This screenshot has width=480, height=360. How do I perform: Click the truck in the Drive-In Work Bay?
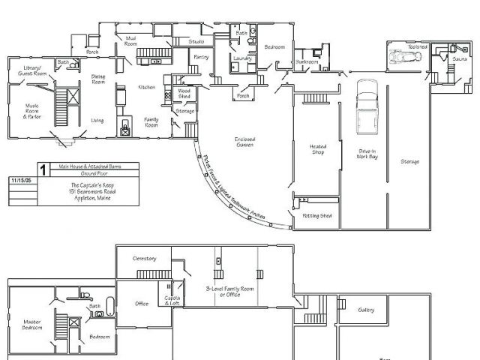pos(367,105)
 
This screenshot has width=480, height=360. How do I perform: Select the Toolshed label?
pos(418,46)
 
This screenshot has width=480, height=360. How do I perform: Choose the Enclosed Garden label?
pos(244,142)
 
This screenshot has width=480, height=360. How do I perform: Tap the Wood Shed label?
pos(184,94)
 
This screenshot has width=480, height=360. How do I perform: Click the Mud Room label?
pos(131,39)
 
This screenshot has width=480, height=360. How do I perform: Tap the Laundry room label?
pos(241,58)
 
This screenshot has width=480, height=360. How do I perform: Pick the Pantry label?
pos(201,56)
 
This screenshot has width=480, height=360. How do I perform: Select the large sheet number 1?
pos(43,170)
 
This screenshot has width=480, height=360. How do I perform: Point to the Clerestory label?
pos(144,258)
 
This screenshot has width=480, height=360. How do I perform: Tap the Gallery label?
pos(366,310)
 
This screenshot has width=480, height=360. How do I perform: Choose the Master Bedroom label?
pos(31,325)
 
